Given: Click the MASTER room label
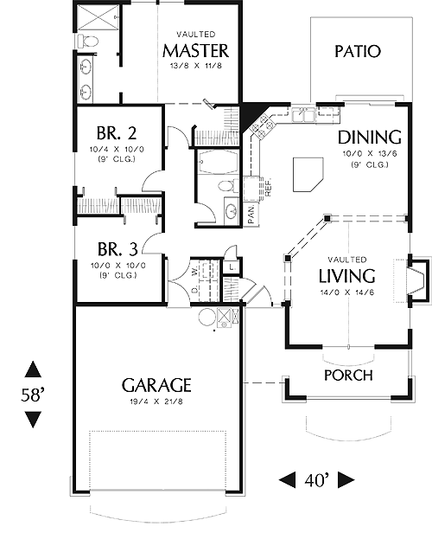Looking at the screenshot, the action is tap(196, 51).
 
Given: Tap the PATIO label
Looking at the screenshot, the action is tap(358, 51).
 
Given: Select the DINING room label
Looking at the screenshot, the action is tap(370, 138).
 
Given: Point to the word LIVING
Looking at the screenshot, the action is tap(346, 276).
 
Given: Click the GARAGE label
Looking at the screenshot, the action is tap(156, 385).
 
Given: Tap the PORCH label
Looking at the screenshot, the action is tap(348, 375).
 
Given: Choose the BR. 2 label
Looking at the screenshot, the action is tap(117, 133).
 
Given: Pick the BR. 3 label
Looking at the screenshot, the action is tap(118, 249).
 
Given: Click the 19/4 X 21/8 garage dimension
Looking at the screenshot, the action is tap(156, 401).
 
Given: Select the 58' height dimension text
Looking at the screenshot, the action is tap(33, 395).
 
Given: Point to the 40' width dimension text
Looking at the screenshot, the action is tap(317, 480).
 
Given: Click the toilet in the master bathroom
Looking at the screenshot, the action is tap(88, 42).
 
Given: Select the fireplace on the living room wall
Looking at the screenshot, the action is tap(418, 280).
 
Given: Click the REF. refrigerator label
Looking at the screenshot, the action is tap(268, 187).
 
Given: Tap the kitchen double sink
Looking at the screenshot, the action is tap(304, 114).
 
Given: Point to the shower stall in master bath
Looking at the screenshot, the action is tap(97, 16).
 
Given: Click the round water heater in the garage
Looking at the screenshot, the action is tap(207, 318).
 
